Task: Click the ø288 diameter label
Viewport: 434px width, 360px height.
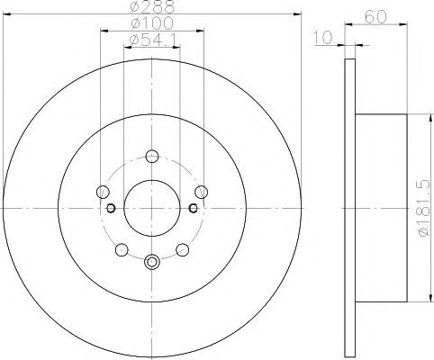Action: pyautogui.click(x=153, y=6)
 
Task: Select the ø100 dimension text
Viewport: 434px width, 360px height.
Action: pyautogui.click(x=153, y=23)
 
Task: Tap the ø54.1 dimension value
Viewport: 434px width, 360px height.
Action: pyautogui.click(x=152, y=40)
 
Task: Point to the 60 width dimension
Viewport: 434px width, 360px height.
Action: pyautogui.click(x=375, y=17)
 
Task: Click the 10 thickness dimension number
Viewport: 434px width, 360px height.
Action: pyautogui.click(x=323, y=38)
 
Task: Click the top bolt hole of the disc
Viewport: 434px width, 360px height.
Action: pyautogui.click(x=152, y=156)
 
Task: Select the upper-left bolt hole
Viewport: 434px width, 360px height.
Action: pyautogui.click(x=103, y=192)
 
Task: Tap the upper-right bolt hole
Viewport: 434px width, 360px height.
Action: pyautogui.click(x=201, y=192)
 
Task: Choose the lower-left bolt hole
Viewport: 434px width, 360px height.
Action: pyautogui.click(x=122, y=249)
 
